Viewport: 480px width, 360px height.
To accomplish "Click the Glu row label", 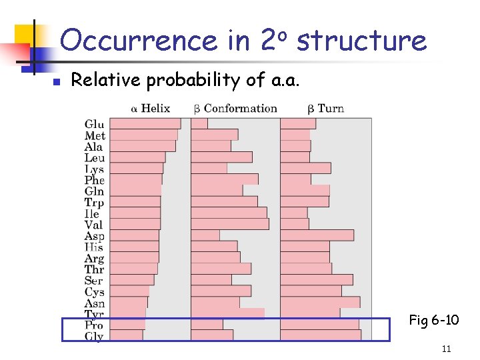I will coord(95,124).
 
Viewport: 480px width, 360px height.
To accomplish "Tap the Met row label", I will coord(95,135).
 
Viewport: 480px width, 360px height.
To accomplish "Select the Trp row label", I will coord(95,203).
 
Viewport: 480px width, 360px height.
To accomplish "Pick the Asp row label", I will coord(95,236).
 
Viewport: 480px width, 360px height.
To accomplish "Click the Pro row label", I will coord(95,325).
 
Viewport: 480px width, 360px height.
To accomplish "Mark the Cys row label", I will coord(95,291).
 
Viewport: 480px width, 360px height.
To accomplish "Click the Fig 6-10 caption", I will coord(433,321).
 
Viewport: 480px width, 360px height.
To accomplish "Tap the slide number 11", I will coord(446,349).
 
